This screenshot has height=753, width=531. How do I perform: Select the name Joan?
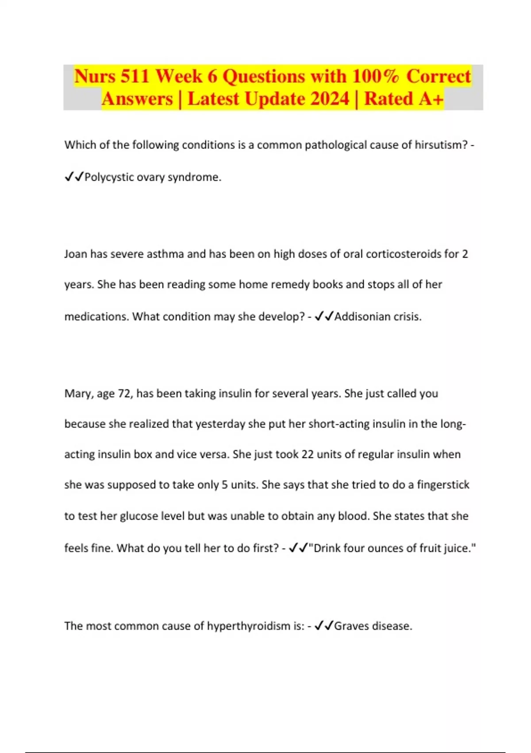(76, 254)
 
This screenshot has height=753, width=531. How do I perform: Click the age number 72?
(124, 394)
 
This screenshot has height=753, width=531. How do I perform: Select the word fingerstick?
(443, 485)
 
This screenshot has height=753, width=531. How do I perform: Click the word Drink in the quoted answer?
(327, 548)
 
